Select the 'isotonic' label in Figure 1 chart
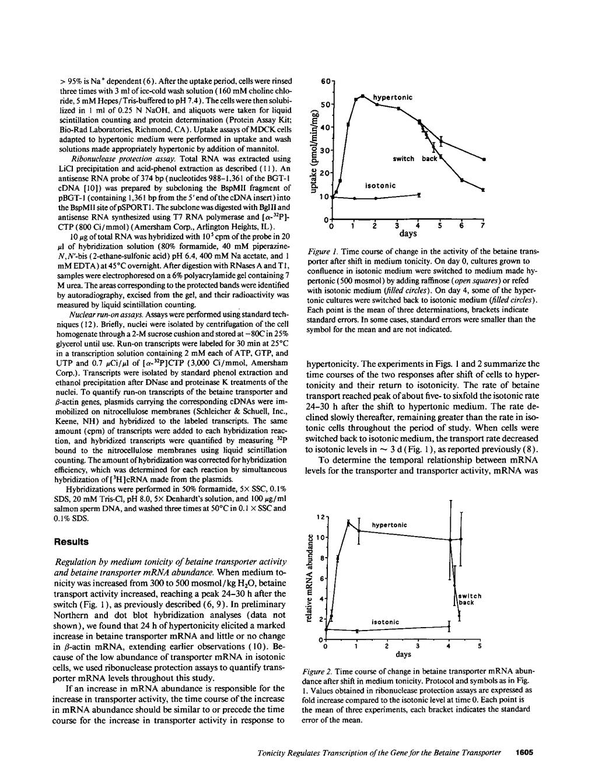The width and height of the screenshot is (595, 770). pos(380,185)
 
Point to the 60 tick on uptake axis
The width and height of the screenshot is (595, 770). pos(326,81)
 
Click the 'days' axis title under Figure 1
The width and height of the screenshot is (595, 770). pos(408,234)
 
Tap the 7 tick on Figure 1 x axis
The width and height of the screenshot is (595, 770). pos(482,226)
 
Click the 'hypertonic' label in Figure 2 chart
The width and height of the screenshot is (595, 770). pos(389,525)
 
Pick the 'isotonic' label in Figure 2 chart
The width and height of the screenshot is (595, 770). pos(385,622)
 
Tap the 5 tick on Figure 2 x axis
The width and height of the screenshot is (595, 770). pos(480,646)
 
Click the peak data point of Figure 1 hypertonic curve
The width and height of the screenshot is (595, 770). pos(362,96)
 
